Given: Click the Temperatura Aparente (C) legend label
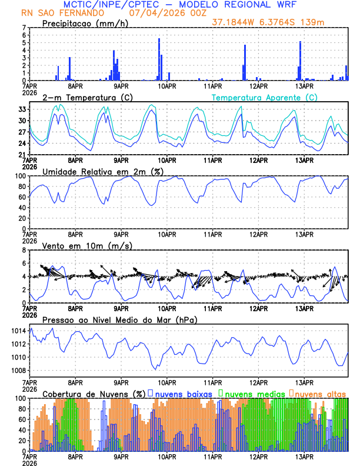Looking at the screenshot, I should [264, 97].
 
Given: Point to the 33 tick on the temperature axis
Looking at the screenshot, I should [21, 109].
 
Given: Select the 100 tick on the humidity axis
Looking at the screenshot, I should [19, 176].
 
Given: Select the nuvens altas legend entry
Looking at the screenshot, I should [320, 393].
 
